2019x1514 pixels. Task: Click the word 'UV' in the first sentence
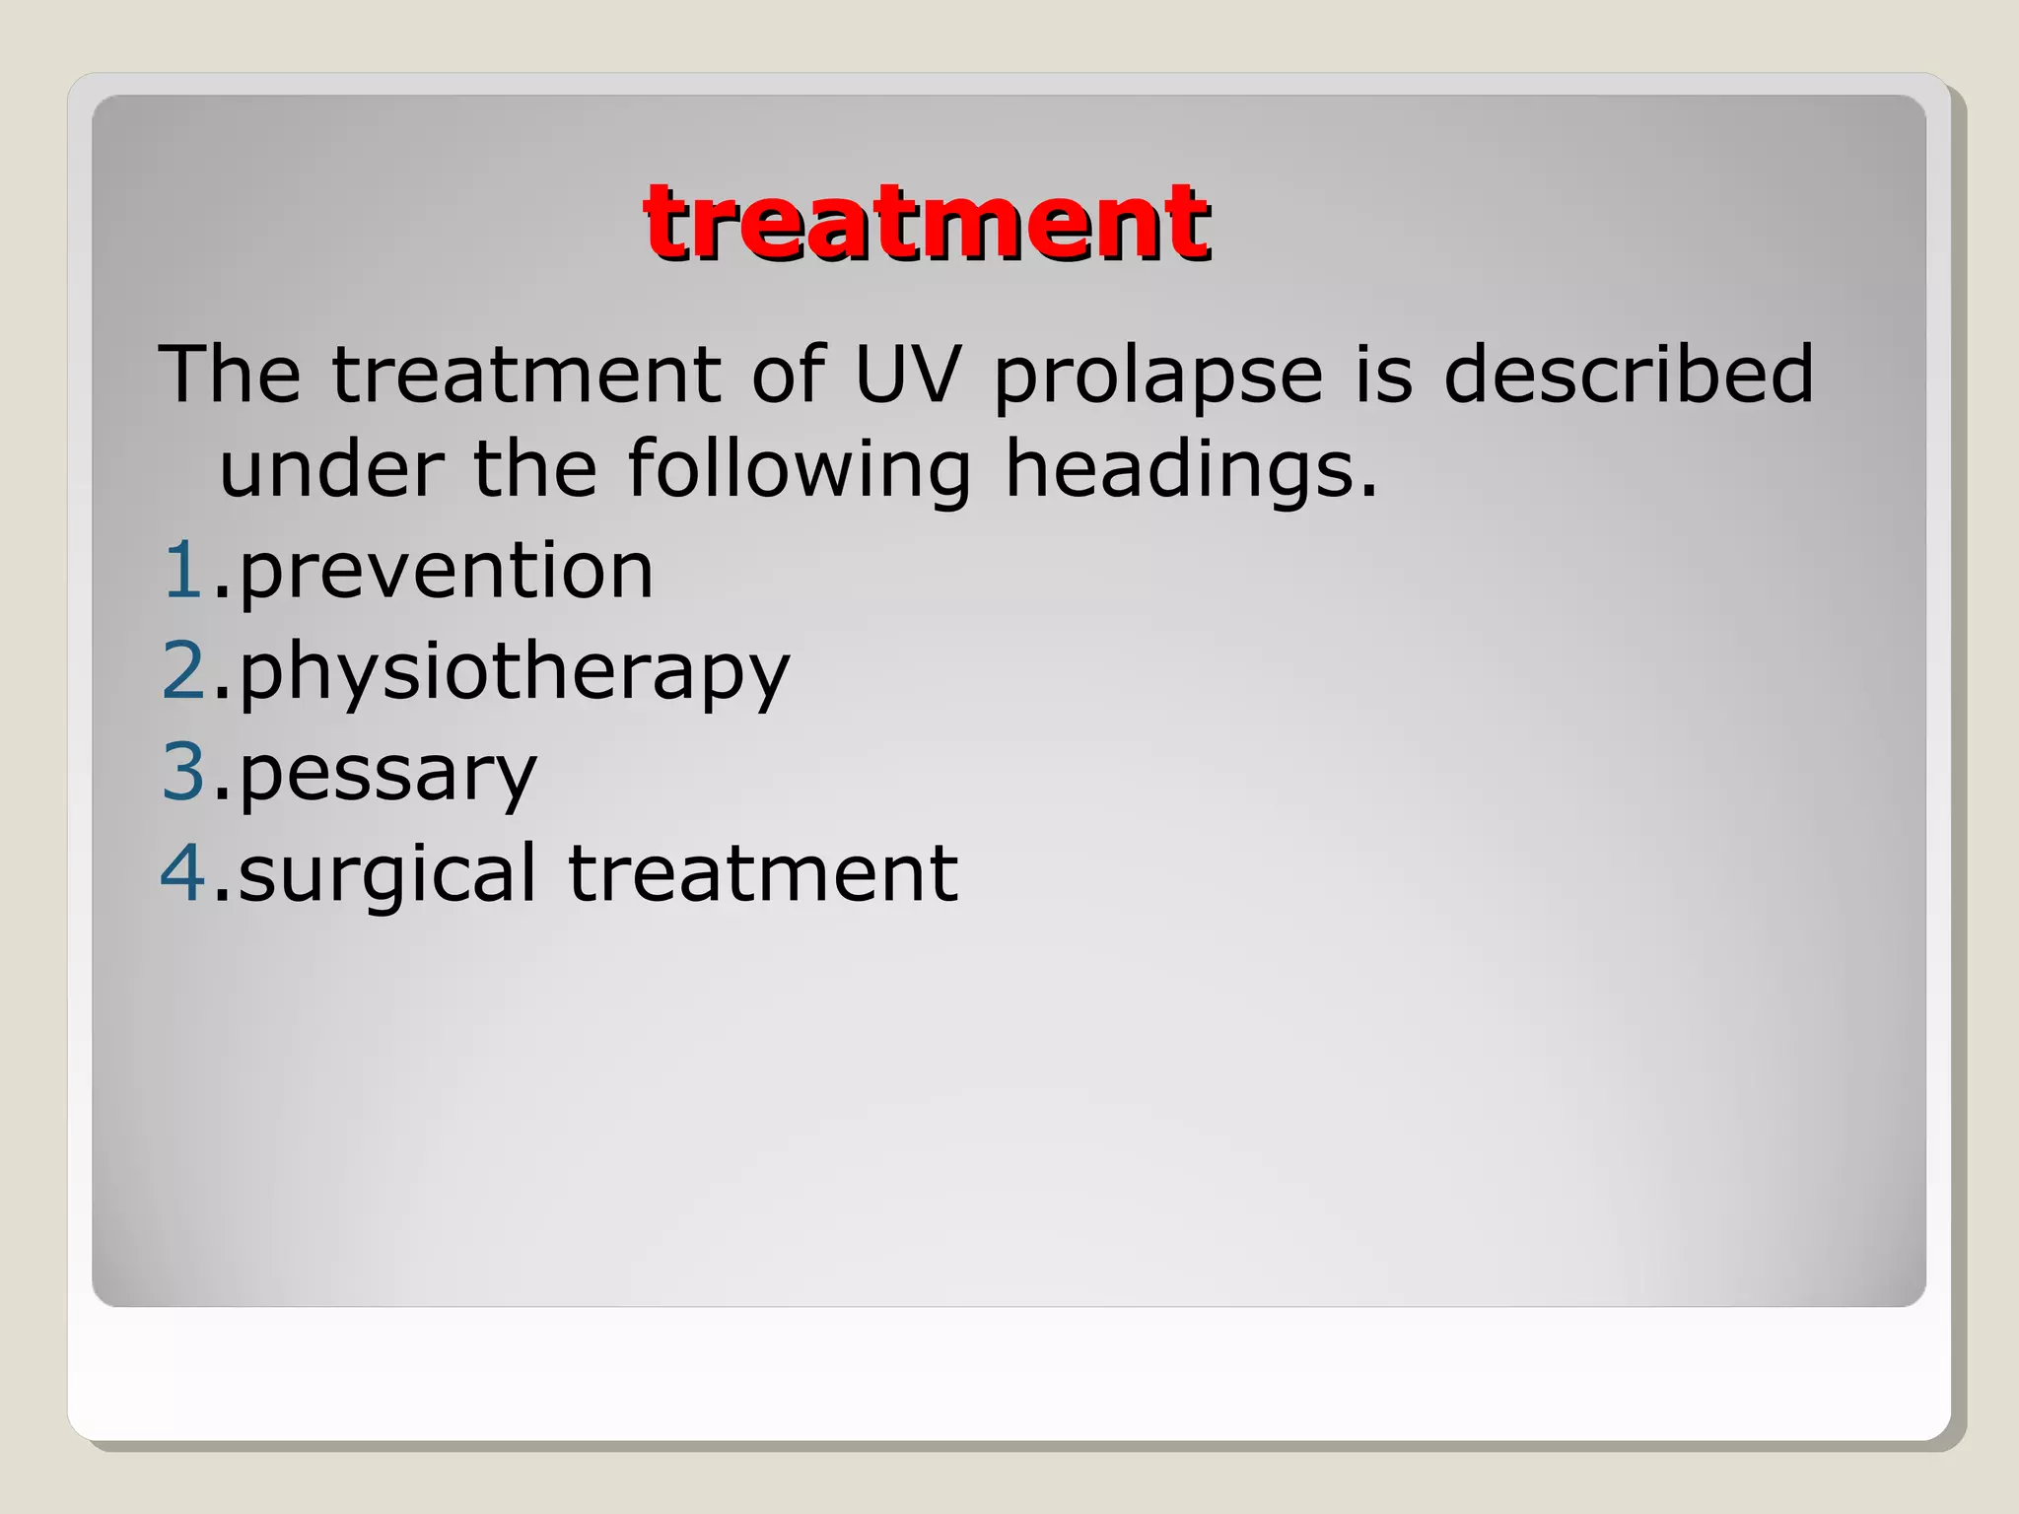[x=906, y=375]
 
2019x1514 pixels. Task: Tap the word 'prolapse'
[x=1157, y=377]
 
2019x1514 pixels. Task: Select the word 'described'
[x=1628, y=375]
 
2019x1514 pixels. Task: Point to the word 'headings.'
[x=1190, y=471]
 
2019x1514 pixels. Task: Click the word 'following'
[x=800, y=471]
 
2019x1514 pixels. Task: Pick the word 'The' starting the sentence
[x=230, y=375]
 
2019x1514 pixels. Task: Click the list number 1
[x=182, y=571]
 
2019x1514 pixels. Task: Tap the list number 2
[x=183, y=671]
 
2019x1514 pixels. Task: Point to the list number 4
[x=183, y=873]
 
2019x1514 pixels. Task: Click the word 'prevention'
[x=446, y=573]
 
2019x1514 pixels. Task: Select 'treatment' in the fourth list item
[x=762, y=873]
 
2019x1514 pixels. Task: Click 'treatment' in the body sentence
[x=526, y=375]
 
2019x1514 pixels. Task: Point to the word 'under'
[x=330, y=469]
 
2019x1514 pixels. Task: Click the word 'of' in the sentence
[x=788, y=375]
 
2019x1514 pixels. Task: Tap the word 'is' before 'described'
[x=1382, y=375]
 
